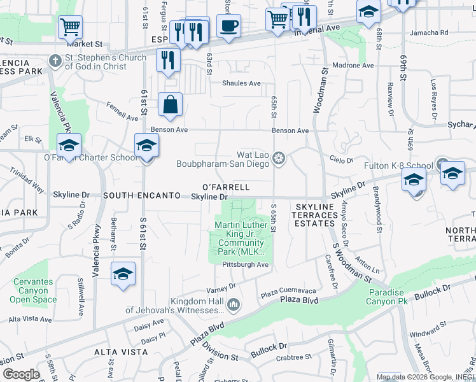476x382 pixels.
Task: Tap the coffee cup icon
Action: [x=228, y=26]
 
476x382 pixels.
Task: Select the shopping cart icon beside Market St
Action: [x=70, y=27]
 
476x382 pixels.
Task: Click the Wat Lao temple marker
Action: [x=278, y=158]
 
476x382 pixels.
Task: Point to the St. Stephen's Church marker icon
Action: [x=55, y=62]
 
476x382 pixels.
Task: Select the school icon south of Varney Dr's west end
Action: [x=123, y=274]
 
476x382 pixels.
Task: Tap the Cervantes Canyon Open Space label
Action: [x=32, y=290]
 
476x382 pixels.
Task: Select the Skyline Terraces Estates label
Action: [x=314, y=215]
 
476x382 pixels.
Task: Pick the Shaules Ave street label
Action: [x=241, y=83]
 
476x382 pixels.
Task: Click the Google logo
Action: [x=21, y=374]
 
